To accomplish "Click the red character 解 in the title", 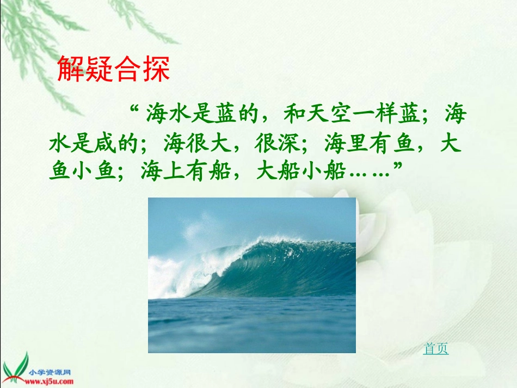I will click(72, 69).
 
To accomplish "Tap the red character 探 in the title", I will click(158, 69).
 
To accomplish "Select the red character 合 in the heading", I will click(129, 69).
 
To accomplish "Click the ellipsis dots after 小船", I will click(370, 173).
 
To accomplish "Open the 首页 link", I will click(436, 349).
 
